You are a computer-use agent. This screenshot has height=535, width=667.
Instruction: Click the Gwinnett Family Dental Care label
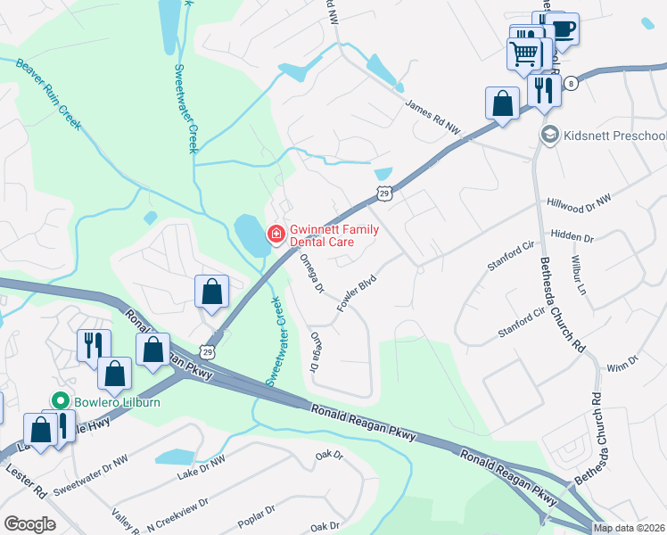point(333,235)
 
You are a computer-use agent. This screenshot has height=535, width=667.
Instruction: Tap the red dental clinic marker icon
point(276,235)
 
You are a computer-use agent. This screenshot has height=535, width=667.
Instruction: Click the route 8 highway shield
point(571,82)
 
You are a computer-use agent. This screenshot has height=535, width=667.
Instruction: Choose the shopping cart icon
point(523,53)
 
